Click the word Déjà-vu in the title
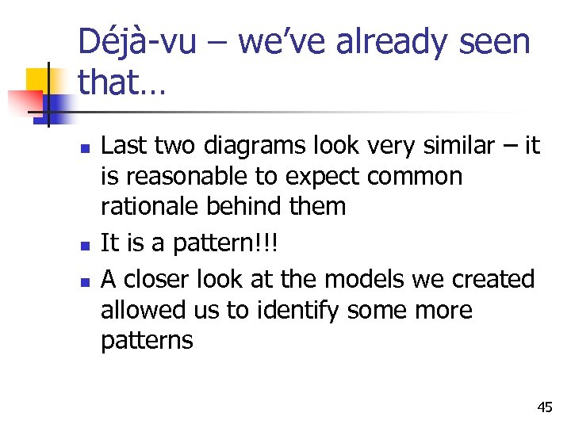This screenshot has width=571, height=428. coord(137,42)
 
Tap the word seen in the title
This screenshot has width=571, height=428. coord(491,42)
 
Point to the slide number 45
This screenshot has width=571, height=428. coord(545,407)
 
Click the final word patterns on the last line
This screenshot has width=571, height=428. coord(147,341)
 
